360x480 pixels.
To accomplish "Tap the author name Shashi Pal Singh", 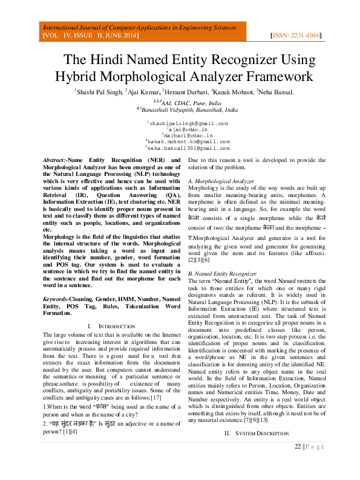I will (x=98, y=92).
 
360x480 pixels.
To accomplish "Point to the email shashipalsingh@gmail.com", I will (x=188, y=123).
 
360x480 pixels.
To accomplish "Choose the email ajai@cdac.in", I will (x=189, y=129).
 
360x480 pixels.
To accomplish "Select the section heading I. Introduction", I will (x=107, y=326).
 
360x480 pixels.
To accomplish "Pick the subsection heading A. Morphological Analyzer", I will (x=221, y=181).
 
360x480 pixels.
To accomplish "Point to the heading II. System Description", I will (x=257, y=451).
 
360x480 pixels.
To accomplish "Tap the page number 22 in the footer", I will (x=298, y=464).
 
